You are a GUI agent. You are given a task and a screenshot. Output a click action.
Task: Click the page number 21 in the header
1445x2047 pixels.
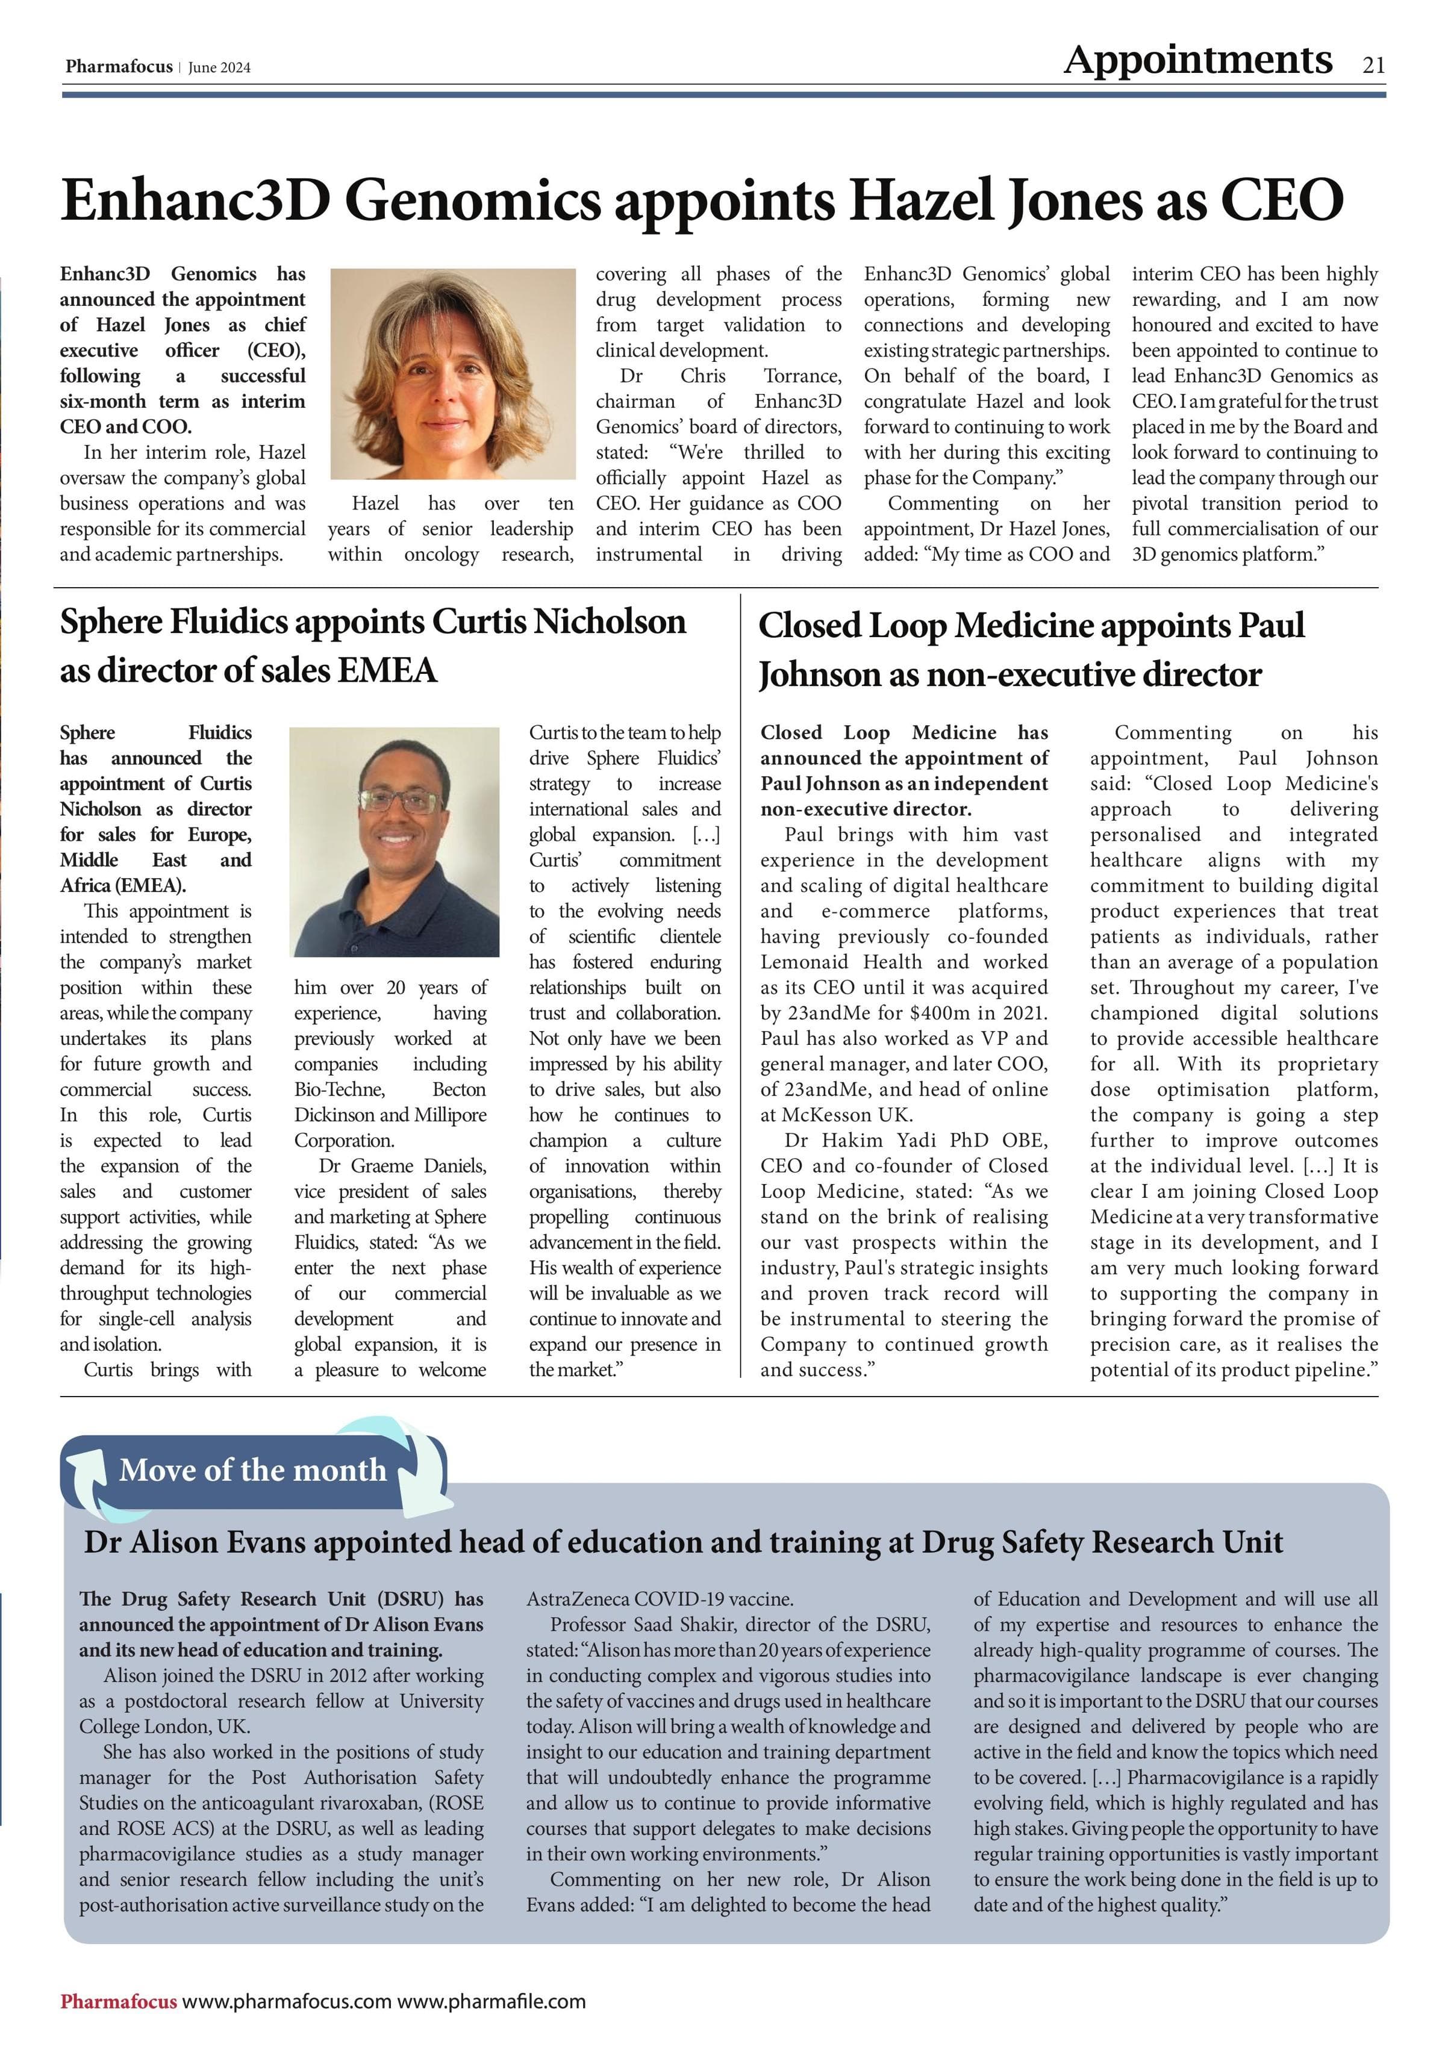pyautogui.click(x=1373, y=65)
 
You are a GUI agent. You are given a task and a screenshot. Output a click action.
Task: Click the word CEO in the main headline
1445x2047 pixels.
pyautogui.click(x=1281, y=200)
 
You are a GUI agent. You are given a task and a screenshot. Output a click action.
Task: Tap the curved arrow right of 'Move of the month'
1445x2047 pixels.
pyautogui.click(x=419, y=1471)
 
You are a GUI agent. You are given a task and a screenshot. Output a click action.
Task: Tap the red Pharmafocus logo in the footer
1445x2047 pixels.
pyautogui.click(x=119, y=2001)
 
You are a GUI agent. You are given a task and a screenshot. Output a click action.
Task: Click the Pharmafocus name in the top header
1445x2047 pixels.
pyautogui.click(x=119, y=67)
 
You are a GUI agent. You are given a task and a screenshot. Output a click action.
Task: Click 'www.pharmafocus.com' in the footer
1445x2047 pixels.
pyautogui.click(x=287, y=2001)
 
